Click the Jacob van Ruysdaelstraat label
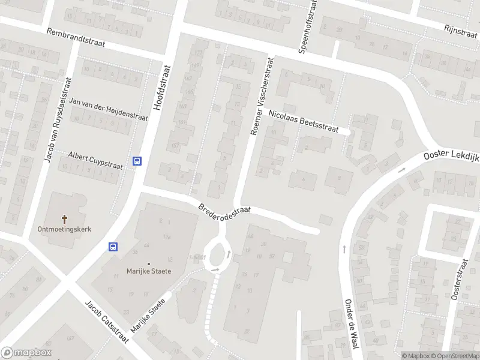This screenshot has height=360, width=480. [x=58, y=120]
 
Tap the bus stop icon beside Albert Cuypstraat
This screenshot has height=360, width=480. [x=137, y=161]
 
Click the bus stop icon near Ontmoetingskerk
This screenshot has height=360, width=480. [x=112, y=246]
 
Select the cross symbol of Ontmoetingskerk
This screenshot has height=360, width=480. [x=65, y=219]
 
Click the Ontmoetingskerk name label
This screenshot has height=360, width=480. [x=65, y=229]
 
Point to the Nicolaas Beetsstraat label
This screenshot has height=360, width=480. [x=304, y=121]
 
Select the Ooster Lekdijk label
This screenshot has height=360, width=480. [x=451, y=155]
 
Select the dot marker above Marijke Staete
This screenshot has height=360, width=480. [x=149, y=263]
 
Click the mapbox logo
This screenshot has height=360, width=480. [x=26, y=353]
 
